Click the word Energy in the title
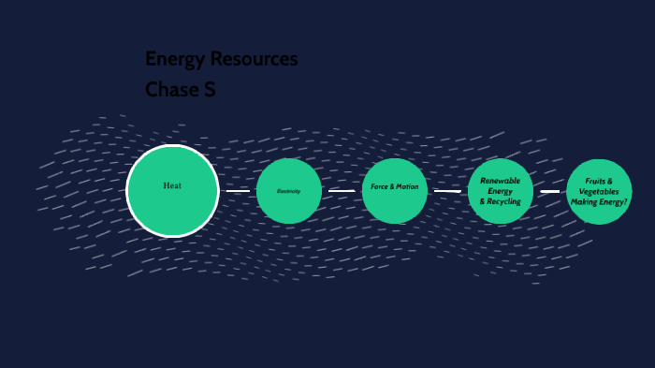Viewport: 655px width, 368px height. tap(173, 59)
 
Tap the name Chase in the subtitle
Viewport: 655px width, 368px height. tap(170, 90)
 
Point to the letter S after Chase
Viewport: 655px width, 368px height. tap(210, 90)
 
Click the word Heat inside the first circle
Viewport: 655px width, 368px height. tap(172, 185)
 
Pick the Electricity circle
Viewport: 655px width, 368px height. tap(289, 191)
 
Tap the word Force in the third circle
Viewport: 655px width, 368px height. tap(380, 186)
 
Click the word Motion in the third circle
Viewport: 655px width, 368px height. tap(408, 186)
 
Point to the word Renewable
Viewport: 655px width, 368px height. tap(501, 180)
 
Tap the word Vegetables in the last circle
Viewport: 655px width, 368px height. tap(599, 191)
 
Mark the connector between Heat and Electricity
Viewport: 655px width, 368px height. tap(238, 191)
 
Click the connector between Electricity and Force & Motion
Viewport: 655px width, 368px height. tap(342, 191)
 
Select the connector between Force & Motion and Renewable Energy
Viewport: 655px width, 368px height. tap(447, 191)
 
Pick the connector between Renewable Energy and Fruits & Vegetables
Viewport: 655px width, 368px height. tap(550, 191)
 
